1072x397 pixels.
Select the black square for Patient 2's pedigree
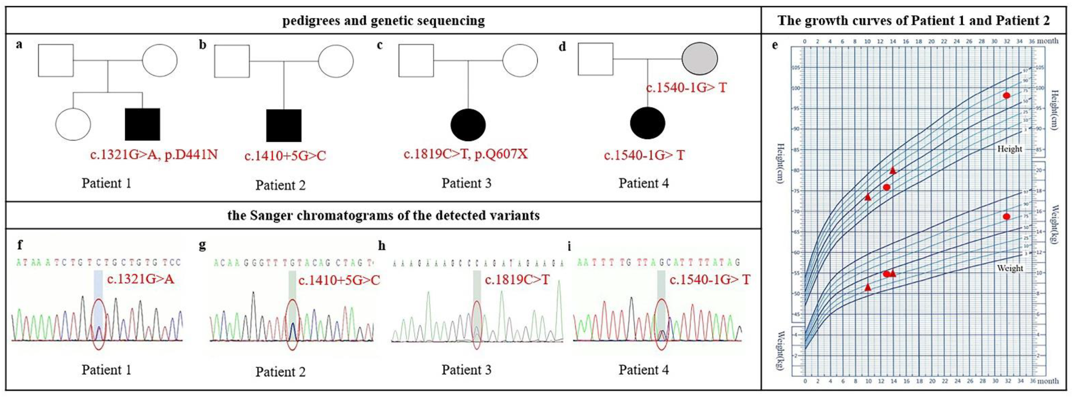[284, 125]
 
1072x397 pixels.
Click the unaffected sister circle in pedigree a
[73, 124]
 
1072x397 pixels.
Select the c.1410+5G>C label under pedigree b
[285, 156]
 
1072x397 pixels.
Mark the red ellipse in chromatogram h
[477, 325]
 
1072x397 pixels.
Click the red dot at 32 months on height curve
[1006, 95]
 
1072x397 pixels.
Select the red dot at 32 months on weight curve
[1006, 217]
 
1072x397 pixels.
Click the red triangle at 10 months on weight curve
[868, 287]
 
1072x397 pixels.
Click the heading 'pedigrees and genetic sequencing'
[383, 20]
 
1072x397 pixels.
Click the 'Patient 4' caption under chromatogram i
[643, 370]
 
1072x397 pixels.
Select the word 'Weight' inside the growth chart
[1010, 268]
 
